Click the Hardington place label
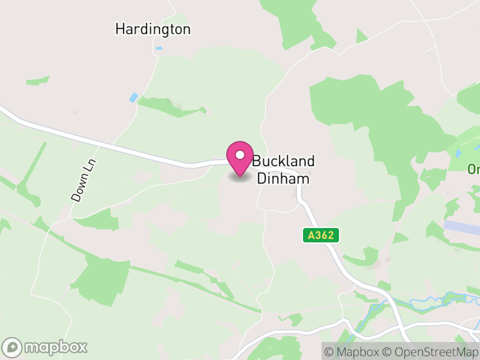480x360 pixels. coord(152,29)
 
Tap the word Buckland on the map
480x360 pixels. coord(283,161)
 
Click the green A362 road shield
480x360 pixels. coord(320,236)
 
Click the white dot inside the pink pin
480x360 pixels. coord(240,155)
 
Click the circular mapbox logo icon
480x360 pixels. coord(13,347)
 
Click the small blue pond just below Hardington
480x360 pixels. coord(158,48)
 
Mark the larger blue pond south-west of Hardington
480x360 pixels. coord(133,97)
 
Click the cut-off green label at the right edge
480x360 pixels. coord(474,169)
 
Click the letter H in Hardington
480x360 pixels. coord(119,29)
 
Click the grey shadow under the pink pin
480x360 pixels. coord(240,178)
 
